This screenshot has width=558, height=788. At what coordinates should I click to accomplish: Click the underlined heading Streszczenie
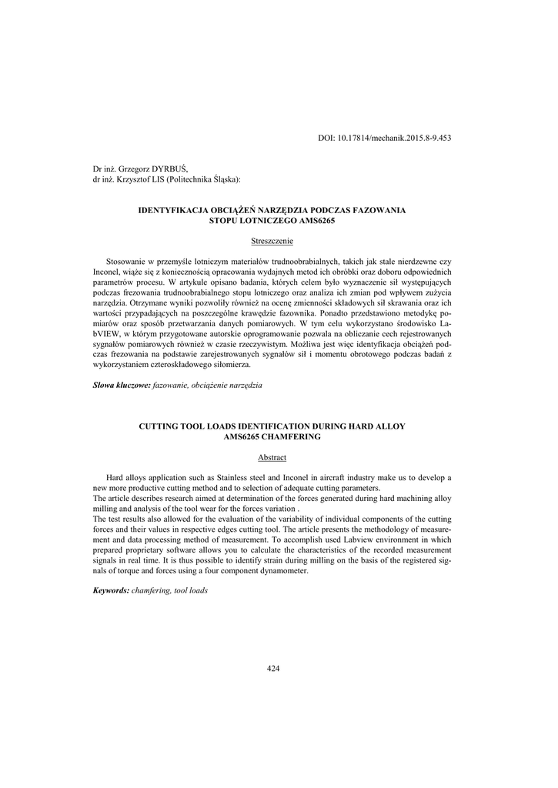click(272, 242)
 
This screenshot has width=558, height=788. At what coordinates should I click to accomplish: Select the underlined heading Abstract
click(272, 458)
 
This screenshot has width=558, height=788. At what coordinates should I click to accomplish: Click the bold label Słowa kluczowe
click(116, 385)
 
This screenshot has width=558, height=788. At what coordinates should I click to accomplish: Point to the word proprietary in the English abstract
click(149, 551)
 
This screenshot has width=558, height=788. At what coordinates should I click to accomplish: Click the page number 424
click(272, 669)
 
